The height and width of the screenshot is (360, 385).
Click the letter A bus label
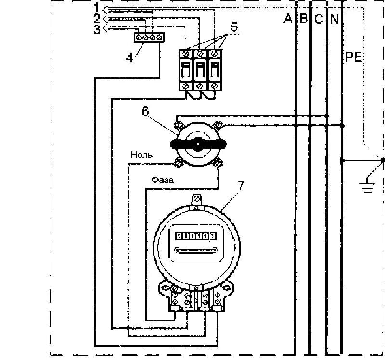coord(288,19)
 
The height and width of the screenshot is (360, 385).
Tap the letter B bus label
coord(303,19)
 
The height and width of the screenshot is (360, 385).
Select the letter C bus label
coord(319,19)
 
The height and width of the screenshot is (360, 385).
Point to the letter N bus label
coord(334,19)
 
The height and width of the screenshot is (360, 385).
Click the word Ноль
coord(141,155)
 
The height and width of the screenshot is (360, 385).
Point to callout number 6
coord(145,110)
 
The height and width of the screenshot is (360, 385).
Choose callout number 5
coord(233,27)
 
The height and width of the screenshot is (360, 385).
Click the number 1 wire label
coord(97,7)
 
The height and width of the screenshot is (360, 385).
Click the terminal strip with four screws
coord(149,37)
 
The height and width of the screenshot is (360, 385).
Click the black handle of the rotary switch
coord(197,143)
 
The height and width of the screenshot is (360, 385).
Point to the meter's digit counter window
coord(195,236)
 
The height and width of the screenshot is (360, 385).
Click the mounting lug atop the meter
coord(196,200)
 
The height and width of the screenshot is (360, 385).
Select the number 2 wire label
coord(97,19)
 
